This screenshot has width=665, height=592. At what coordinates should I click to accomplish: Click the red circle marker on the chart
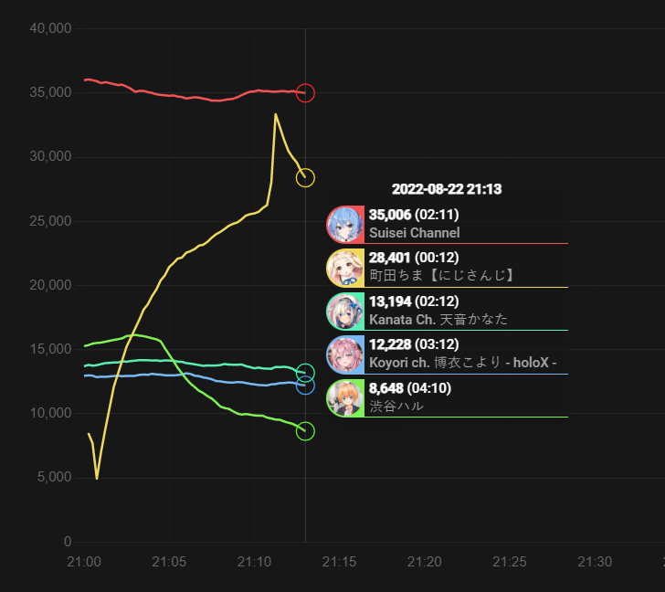305,93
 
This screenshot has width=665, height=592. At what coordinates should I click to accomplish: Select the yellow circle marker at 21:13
305,177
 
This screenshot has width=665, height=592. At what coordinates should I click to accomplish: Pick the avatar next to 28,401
345,268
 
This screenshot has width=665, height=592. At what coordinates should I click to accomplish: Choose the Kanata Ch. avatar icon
345,311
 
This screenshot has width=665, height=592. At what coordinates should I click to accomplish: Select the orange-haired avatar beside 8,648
345,397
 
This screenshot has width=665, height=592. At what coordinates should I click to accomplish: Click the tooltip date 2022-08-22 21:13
447,190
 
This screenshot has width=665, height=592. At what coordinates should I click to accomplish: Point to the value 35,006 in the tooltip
390,215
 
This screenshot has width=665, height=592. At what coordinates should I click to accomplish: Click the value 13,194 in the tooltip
390,301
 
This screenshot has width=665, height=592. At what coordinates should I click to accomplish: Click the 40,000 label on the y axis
50,28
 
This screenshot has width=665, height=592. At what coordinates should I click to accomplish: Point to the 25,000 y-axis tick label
50,221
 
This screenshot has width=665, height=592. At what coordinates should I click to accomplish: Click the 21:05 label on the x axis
168,561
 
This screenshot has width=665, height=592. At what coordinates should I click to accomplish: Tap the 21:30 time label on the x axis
596,561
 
